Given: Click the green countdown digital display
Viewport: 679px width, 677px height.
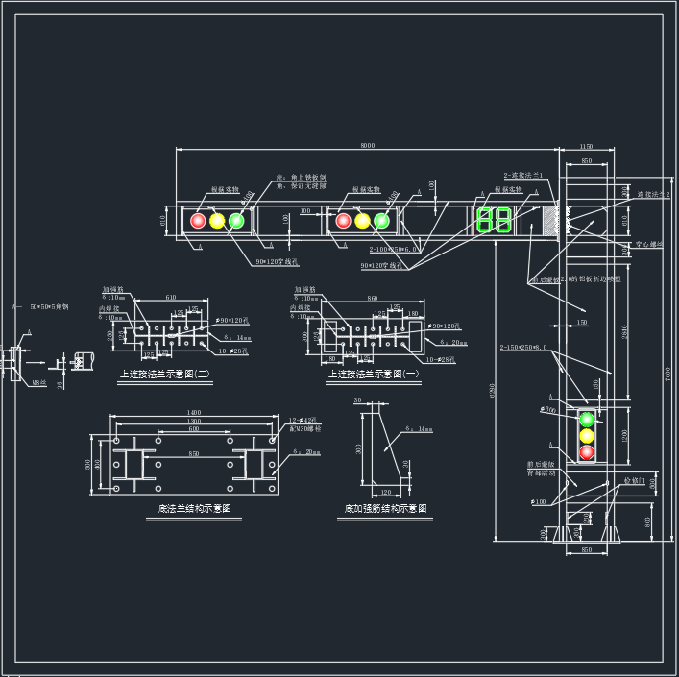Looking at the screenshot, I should pyautogui.click(x=494, y=220).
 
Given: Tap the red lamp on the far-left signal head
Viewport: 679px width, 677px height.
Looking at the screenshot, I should pyautogui.click(x=199, y=221).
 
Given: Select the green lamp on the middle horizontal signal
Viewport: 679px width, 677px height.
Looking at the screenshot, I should pyautogui.click(x=382, y=221).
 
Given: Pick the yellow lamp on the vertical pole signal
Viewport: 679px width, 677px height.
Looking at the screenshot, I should pyautogui.click(x=586, y=435).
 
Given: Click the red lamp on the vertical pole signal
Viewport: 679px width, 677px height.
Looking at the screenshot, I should pyautogui.click(x=586, y=451).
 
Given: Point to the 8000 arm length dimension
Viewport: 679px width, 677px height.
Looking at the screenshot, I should pyautogui.click(x=368, y=145).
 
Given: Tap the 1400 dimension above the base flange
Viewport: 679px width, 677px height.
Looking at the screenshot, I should pyautogui.click(x=195, y=412).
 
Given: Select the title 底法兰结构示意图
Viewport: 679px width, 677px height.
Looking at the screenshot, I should pyautogui.click(x=195, y=508).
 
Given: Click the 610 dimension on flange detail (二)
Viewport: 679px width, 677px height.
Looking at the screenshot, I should pyautogui.click(x=170, y=299).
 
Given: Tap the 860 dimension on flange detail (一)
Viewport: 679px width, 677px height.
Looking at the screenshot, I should pyautogui.click(x=372, y=299).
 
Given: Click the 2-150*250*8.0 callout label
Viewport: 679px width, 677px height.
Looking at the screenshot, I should pyautogui.click(x=524, y=348).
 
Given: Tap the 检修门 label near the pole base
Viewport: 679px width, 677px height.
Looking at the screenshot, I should pyautogui.click(x=631, y=480).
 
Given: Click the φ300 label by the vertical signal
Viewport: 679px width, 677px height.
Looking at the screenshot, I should pyautogui.click(x=548, y=410).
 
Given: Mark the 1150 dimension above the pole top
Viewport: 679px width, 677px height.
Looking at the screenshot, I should pyautogui.click(x=586, y=145).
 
